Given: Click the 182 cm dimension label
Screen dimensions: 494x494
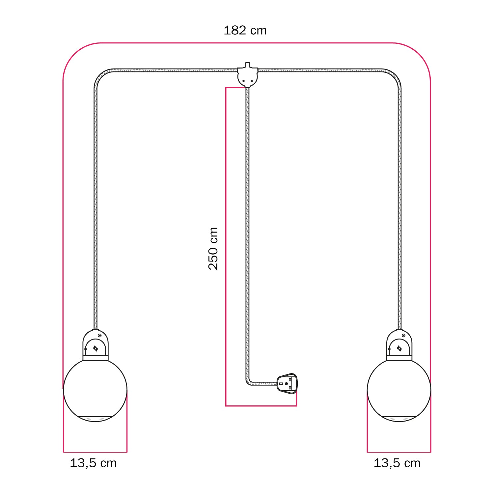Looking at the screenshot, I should pyautogui.click(x=245, y=30).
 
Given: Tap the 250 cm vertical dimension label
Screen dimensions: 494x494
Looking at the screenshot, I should pyautogui.click(x=213, y=248).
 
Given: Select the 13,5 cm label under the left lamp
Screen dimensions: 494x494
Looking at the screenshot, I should pyautogui.click(x=93, y=463).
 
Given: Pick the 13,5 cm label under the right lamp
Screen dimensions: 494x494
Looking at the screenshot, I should pyautogui.click(x=397, y=463).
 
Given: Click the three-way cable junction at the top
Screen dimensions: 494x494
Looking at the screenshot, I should pyautogui.click(x=247, y=77).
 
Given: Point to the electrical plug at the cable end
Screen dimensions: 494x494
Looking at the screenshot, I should pyautogui.click(x=287, y=383).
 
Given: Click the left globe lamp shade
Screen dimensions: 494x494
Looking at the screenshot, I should pyautogui.click(x=95, y=389).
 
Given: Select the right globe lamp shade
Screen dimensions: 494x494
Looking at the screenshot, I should pyautogui.click(x=399, y=389).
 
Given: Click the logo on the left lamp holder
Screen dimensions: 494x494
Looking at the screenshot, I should pyautogui.click(x=96, y=348).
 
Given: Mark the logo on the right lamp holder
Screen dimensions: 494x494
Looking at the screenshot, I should pyautogui.click(x=399, y=348).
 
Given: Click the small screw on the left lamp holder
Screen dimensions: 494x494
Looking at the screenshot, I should pyautogui.click(x=100, y=336).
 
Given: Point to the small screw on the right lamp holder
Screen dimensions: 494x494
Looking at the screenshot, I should pyautogui.click(x=403, y=336).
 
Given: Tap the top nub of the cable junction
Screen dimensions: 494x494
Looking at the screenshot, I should pyautogui.click(x=247, y=65).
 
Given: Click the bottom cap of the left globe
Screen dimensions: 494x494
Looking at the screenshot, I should pyautogui.click(x=95, y=419).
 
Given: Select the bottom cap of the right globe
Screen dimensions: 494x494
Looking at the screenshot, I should pyautogui.click(x=399, y=419).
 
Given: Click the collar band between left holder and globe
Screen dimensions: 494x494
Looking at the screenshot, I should pyautogui.click(x=96, y=358).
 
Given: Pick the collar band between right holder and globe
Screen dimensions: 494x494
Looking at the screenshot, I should pyautogui.click(x=399, y=358).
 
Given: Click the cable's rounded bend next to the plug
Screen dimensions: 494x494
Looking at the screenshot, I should pyautogui.click(x=249, y=382).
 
